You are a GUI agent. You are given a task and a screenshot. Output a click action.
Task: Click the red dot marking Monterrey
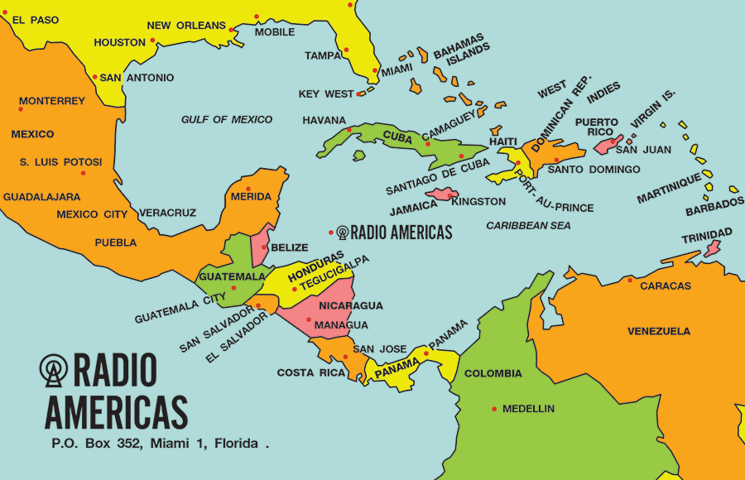point(21,108)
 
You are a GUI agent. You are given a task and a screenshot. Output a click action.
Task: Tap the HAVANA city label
point(324,120)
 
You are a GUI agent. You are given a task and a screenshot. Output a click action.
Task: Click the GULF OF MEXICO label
point(227,119)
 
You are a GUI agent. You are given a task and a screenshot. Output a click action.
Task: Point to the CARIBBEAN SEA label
point(528,225)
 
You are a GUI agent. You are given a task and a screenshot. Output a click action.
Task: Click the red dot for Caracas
point(630,280)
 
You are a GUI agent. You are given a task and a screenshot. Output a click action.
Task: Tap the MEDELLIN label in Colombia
point(528,409)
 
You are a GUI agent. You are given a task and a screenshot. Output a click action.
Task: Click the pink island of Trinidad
point(711,247)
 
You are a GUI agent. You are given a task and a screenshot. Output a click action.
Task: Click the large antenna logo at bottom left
point(55,370)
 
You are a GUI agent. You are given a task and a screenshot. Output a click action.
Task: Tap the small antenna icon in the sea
point(343,233)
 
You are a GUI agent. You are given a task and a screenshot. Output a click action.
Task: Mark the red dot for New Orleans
point(232,30)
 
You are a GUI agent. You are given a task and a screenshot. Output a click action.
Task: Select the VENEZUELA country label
point(658,331)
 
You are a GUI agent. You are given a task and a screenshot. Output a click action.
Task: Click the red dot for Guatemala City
point(234,288)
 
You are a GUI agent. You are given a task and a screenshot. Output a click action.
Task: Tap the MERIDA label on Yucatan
point(252,196)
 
